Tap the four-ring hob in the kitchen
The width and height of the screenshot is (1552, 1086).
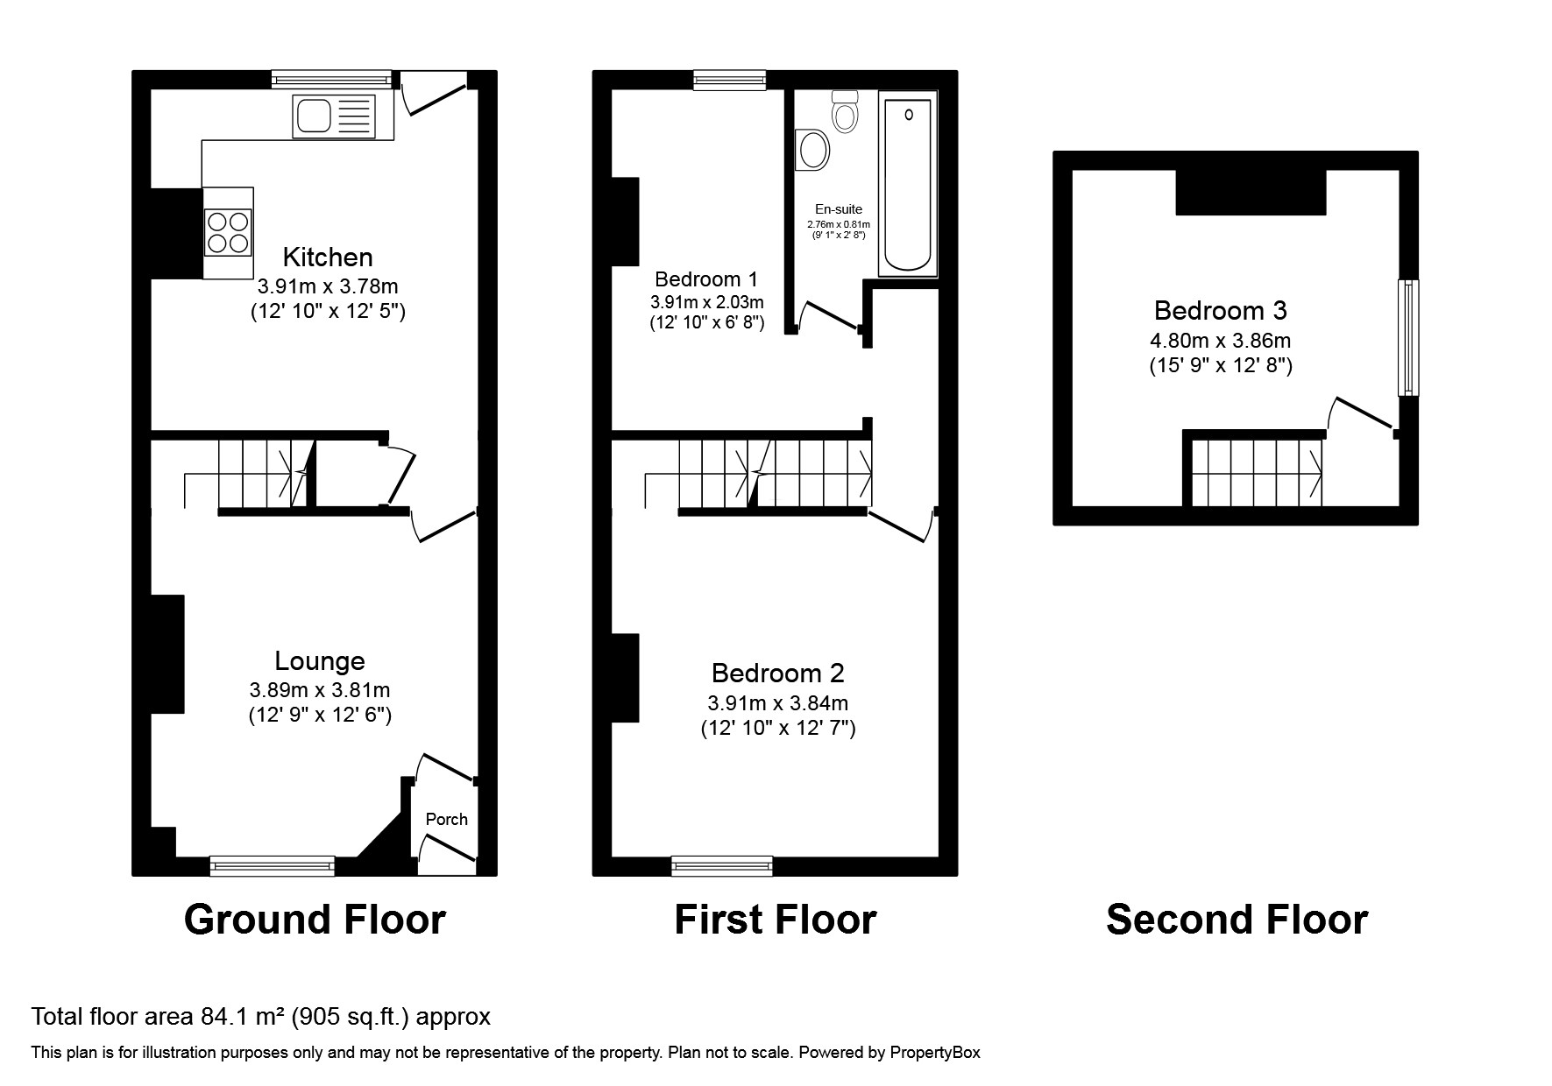click(x=228, y=232)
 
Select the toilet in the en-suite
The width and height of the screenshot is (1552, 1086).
click(x=845, y=112)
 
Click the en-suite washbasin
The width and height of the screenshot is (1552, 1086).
click(x=812, y=150)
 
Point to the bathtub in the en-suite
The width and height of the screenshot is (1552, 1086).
click(x=907, y=184)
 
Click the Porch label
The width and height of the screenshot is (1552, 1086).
click(x=446, y=820)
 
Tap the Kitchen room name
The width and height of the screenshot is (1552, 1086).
click(x=328, y=257)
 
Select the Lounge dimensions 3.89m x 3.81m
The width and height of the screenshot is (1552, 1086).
click(x=320, y=690)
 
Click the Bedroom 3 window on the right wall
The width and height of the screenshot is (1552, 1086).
click(x=1407, y=337)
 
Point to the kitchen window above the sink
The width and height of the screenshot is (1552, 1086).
click(x=330, y=80)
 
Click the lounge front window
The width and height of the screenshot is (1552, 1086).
click(x=273, y=866)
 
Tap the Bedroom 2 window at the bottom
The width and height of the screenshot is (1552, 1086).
click(x=722, y=866)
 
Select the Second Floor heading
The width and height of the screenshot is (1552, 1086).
click(x=1237, y=920)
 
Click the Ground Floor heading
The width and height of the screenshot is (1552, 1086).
click(x=315, y=920)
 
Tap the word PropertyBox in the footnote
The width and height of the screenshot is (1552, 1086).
click(x=934, y=1053)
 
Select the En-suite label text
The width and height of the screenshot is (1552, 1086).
click(x=839, y=209)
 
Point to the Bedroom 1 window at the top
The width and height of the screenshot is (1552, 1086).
click(x=729, y=80)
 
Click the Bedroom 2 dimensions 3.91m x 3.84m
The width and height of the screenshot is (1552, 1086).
click(x=777, y=702)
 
